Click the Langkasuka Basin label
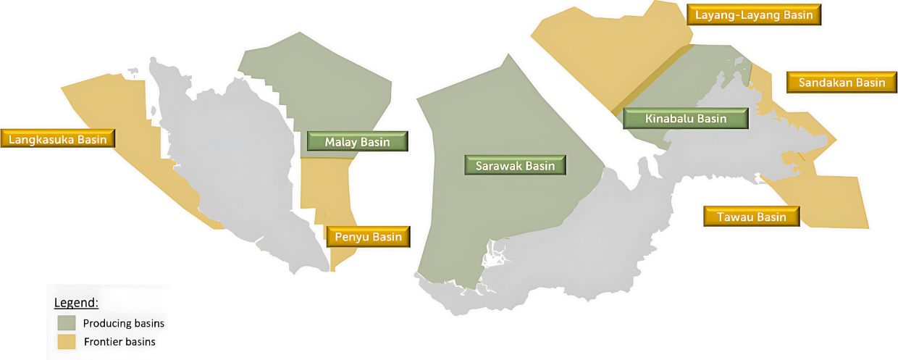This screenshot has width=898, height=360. pyautogui.click(x=59, y=138)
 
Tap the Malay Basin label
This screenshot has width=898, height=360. pyautogui.click(x=357, y=141)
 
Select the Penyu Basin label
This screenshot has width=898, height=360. pyautogui.click(x=368, y=237)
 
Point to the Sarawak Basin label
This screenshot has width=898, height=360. pyautogui.click(x=515, y=166)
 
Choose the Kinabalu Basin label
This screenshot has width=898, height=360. pyautogui.click(x=686, y=118)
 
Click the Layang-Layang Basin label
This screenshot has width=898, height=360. pyautogui.click(x=754, y=14)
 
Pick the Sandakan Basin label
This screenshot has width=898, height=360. pyautogui.click(x=842, y=83)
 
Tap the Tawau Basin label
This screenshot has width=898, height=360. pyautogui.click(x=751, y=217)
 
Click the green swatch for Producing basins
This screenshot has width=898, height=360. pyautogui.click(x=67, y=323)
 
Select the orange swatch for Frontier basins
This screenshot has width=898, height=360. pyautogui.click(x=67, y=341)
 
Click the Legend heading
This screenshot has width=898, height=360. pyautogui.click(x=76, y=302)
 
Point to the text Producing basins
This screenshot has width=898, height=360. pyautogui.click(x=118, y=323)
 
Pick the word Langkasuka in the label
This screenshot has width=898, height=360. pyautogui.click(x=44, y=138)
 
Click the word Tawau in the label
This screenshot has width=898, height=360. pyautogui.click(x=735, y=217)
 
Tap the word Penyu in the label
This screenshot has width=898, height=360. pyautogui.click(x=351, y=237)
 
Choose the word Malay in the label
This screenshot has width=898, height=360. pyautogui.click(x=340, y=141)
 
